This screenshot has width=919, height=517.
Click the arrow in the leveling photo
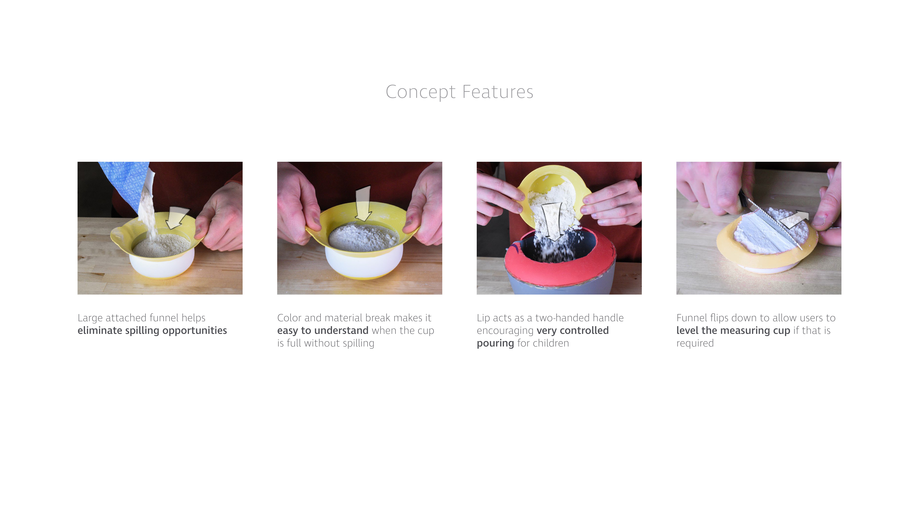tap(794, 219)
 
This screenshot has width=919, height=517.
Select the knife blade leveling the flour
tap(774, 223)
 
